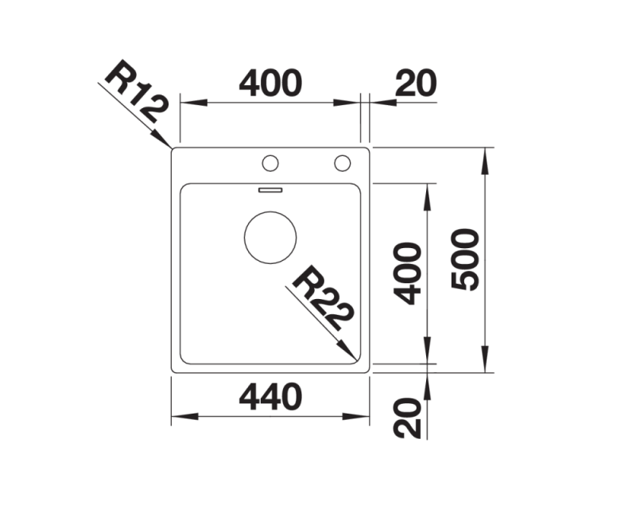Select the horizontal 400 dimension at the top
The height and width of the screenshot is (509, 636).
tap(270, 84)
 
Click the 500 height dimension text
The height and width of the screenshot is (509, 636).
tap(466, 259)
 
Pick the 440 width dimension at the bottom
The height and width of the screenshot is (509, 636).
tap(270, 397)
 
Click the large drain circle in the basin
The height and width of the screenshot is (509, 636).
tap(270, 238)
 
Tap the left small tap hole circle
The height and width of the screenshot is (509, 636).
tap(270, 163)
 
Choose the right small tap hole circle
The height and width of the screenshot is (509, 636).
tap(343, 163)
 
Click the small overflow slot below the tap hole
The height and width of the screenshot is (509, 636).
tap(270, 190)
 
